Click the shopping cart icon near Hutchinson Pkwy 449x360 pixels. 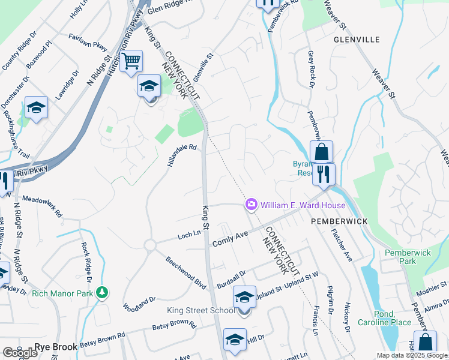pyautogui.click(x=131, y=61)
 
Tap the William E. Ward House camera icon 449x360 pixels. pyautogui.click(x=251, y=205)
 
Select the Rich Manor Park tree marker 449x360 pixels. pyautogui.click(x=103, y=292)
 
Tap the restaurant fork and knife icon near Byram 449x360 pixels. pyautogui.click(x=324, y=174)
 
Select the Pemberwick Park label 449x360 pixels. pyautogui.click(x=408, y=257)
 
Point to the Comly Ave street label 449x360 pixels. pyautogui.click(x=230, y=239)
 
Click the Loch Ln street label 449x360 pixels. pyautogui.click(x=188, y=236)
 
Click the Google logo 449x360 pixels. pyautogui.click(x=20, y=353)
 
